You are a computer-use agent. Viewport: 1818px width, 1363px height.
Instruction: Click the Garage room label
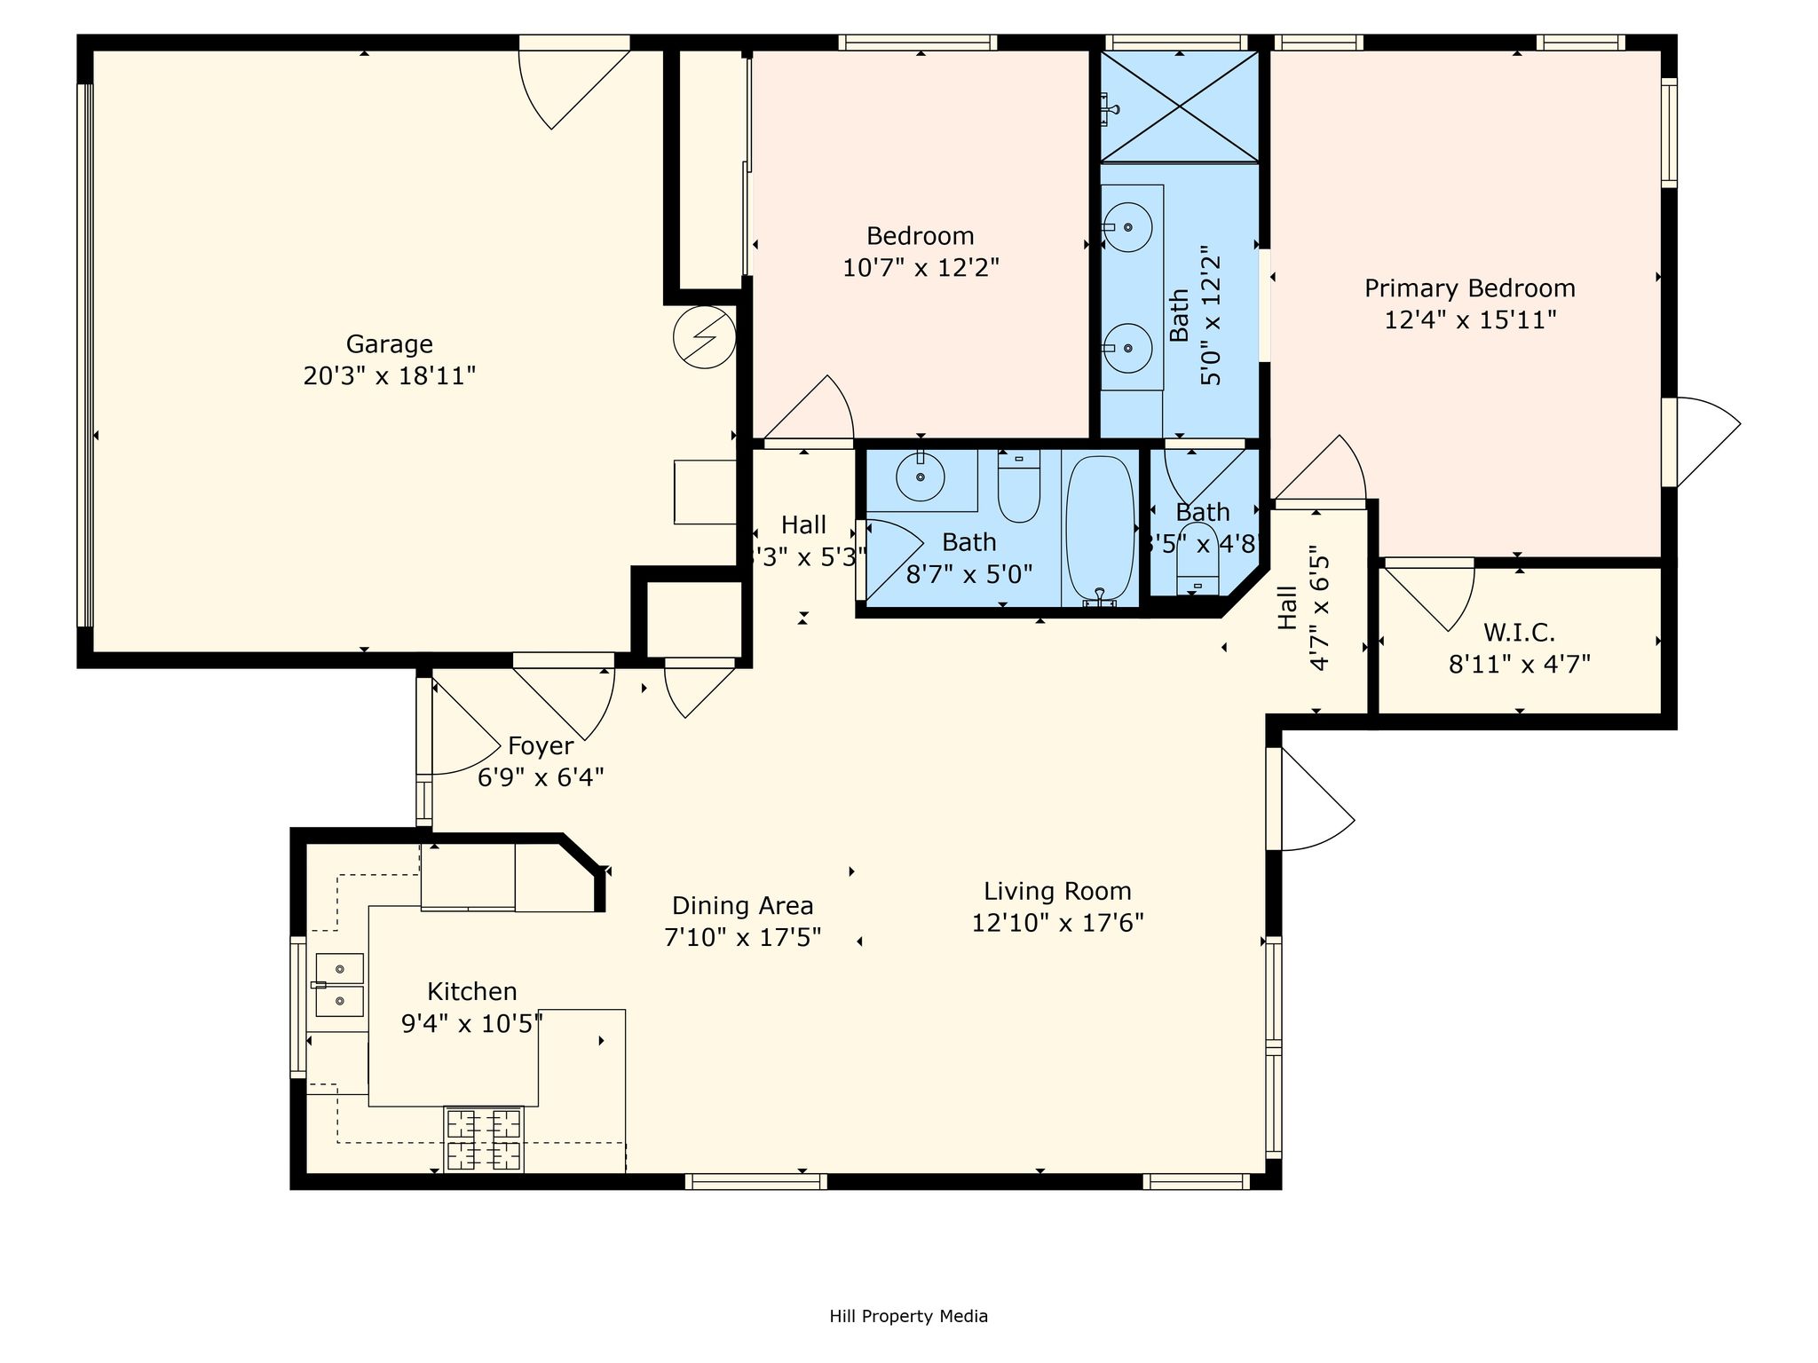389,343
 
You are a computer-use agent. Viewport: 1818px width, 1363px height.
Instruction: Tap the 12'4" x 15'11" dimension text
1470,319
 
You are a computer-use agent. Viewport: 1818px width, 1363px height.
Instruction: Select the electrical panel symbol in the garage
705,337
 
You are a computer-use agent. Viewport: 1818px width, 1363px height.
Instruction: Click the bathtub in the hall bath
1100,529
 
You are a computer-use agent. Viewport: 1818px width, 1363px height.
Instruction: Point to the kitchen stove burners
484,1139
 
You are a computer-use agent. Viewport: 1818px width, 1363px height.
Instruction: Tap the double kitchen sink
339,985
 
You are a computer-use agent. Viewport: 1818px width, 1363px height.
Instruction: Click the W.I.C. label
1519,633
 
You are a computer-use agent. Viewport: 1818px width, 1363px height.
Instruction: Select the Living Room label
1057,891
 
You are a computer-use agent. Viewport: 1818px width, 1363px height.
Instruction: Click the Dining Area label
742,906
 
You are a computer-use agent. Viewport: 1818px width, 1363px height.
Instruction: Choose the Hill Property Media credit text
908,1316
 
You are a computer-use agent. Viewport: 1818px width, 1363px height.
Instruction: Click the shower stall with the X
1180,106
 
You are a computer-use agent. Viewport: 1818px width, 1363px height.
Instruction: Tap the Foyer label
540,746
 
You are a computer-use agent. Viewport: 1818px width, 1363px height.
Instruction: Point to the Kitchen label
471,991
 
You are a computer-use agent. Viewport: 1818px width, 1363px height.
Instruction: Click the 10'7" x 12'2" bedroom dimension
921,268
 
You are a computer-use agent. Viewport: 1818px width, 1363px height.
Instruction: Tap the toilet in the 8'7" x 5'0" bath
1018,486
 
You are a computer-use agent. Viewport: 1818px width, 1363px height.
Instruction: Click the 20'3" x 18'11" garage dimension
389,376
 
